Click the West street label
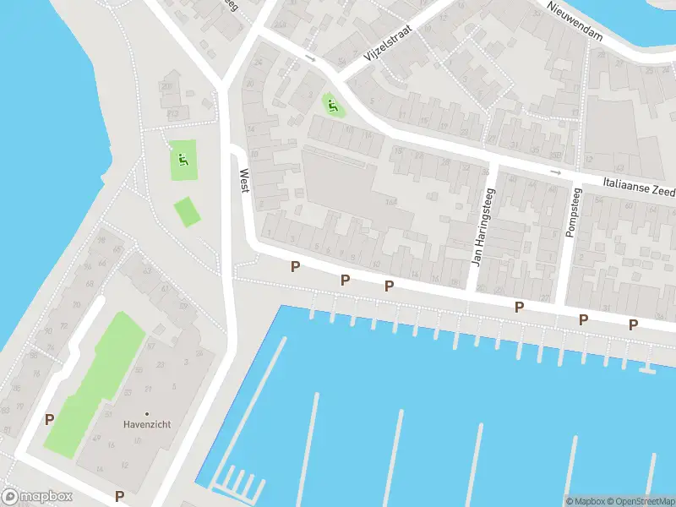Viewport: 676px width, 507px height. [244, 181]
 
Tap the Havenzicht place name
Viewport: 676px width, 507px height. [147, 424]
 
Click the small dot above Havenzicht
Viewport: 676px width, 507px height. [147, 413]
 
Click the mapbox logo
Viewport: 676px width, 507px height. [37, 497]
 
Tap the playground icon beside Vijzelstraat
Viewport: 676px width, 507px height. [333, 106]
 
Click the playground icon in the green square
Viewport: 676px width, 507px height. [183, 159]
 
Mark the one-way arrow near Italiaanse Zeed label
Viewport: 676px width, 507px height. [555, 172]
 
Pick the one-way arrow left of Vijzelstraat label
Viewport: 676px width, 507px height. [310, 59]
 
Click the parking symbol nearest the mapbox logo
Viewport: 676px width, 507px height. [119, 497]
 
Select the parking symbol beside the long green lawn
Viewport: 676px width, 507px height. [50, 419]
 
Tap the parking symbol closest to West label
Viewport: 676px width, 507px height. [295, 267]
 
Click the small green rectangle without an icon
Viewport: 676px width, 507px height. [188, 212]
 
